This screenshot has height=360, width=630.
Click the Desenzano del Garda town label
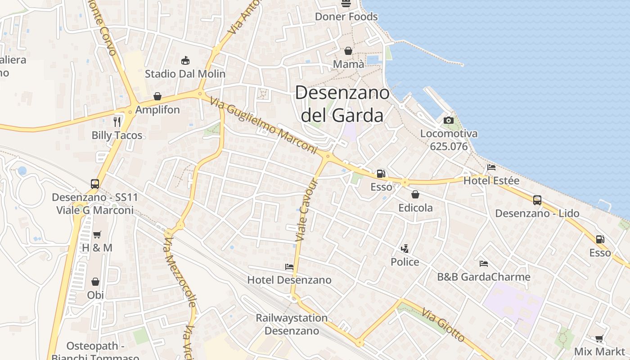pos(342,104)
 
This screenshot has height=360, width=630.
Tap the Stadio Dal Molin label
pos(185,73)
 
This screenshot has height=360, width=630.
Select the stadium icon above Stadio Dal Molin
pos(185,60)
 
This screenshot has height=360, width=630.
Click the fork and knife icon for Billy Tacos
pos(117,121)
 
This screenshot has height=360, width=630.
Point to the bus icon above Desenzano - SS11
pos(95,184)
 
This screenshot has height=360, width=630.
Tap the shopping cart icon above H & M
pos(97,234)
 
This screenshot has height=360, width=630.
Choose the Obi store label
pos(95,295)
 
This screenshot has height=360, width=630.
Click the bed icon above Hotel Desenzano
pos(289,267)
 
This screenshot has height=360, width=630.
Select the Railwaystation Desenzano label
pos(292,324)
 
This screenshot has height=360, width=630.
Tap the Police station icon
pos(405,248)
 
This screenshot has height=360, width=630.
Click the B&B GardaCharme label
pos(484,277)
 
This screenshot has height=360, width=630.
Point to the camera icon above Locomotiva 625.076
pos(448,120)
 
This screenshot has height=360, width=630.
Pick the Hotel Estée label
pos(491,181)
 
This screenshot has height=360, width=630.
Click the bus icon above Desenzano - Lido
pos(537,200)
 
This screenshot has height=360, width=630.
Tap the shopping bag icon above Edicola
pos(415,194)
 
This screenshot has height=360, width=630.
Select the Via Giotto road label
pos(443,325)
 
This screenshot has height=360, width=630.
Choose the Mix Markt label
pos(599,351)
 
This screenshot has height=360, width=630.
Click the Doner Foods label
pos(346,17)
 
